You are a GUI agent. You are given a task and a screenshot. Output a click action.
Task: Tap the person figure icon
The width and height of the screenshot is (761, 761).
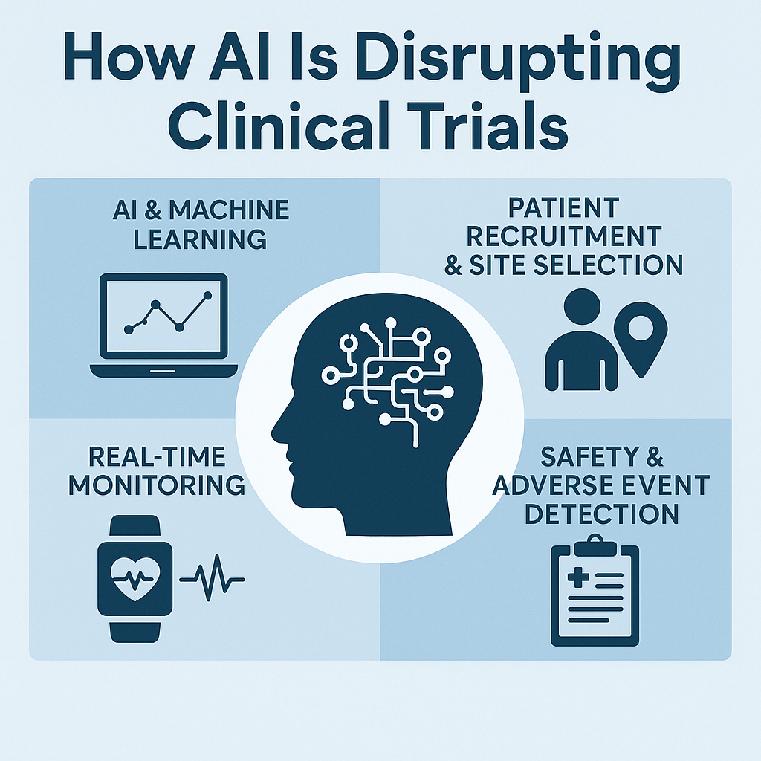(x=580, y=339)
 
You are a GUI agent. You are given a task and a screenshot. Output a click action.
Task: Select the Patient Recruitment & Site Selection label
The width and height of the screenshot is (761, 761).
(x=563, y=236)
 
